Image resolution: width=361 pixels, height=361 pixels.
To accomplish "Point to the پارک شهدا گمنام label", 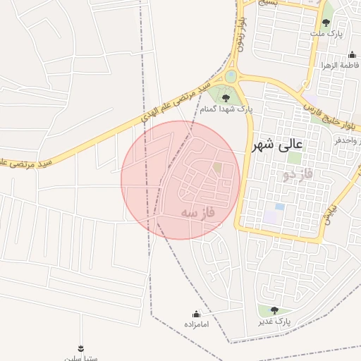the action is coord(226,109).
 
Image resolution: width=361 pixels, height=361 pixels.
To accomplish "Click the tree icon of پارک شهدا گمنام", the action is coord(226,98).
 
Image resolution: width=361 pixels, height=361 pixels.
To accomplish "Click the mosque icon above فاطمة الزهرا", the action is coord(352,55).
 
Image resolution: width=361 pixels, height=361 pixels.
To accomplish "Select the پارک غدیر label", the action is coord(274,322).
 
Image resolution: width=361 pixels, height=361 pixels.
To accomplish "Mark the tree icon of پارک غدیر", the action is coord(274,310).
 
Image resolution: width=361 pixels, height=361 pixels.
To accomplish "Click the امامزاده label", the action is coord(197,324).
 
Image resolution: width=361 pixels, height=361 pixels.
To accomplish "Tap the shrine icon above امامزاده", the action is coord(197,314).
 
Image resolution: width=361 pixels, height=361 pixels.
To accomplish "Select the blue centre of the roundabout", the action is coord(231,76).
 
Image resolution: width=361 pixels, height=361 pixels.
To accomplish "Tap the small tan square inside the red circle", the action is coord(217,168).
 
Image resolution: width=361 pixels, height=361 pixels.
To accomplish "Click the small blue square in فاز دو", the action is coord(279,207).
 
